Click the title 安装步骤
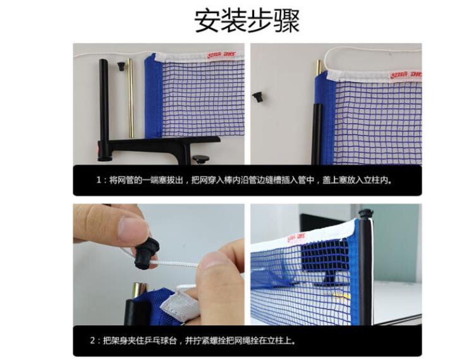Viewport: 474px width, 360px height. (x=246, y=21)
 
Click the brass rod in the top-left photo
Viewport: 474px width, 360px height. (x=131, y=98)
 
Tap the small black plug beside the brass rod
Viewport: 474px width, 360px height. (x=121, y=66)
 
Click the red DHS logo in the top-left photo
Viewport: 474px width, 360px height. (x=221, y=56)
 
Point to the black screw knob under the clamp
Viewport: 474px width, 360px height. (x=200, y=159)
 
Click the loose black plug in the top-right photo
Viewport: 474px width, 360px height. (x=258, y=97)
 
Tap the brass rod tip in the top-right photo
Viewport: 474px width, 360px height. (x=319, y=67)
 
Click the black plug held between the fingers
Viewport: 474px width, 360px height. (x=146, y=253)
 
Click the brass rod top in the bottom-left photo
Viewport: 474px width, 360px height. (x=140, y=289)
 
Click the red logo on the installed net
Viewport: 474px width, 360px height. (x=296, y=237)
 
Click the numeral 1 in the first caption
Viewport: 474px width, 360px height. (x=98, y=180)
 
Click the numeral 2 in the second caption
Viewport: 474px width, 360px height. (x=92, y=340)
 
